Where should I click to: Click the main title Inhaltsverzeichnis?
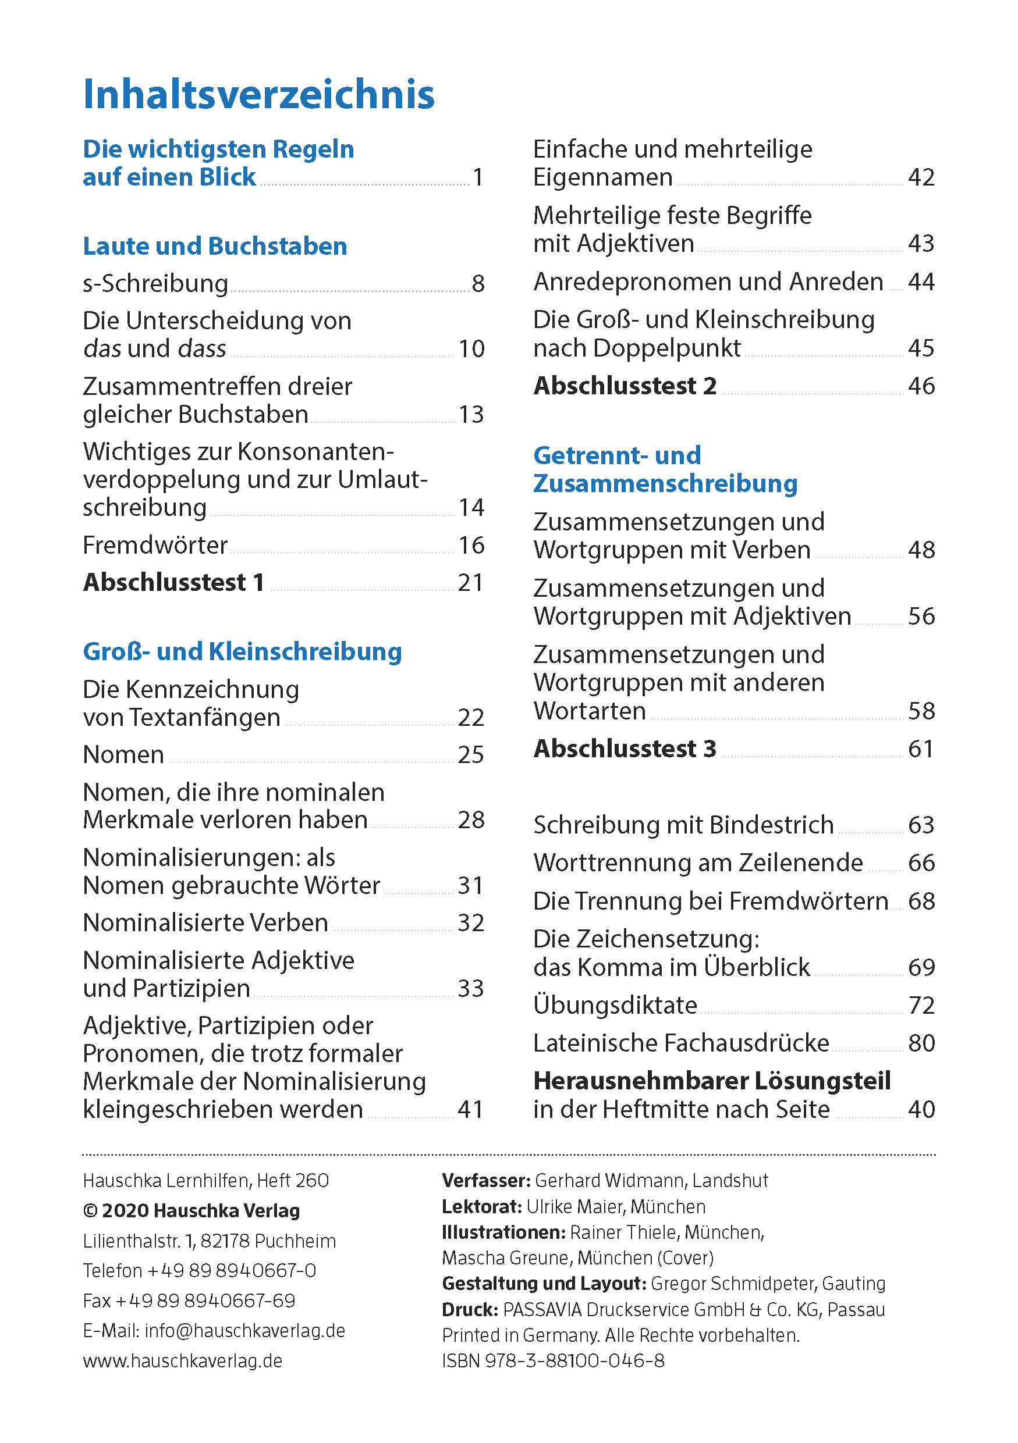[x=258, y=95]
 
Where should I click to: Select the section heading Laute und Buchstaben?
[x=215, y=247]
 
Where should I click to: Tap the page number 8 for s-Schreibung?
[x=478, y=284]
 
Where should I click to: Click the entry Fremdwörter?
[x=155, y=546]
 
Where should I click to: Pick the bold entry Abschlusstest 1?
[x=173, y=583]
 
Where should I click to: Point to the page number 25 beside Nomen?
[x=471, y=755]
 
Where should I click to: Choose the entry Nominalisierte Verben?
[x=205, y=922]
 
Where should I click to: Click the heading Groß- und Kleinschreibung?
[x=242, y=652]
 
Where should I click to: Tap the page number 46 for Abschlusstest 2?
[x=921, y=386]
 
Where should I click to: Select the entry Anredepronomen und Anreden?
[x=708, y=282]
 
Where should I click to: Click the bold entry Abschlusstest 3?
[x=625, y=749]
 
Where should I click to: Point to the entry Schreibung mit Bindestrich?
[x=683, y=825]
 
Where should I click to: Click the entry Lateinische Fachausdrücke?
[x=681, y=1043]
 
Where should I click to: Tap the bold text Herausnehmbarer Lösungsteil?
[x=712, y=1081]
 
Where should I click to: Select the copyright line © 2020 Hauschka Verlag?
[x=191, y=1210]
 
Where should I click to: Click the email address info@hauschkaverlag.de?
[x=244, y=1331]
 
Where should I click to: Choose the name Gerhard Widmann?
[x=609, y=1181]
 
